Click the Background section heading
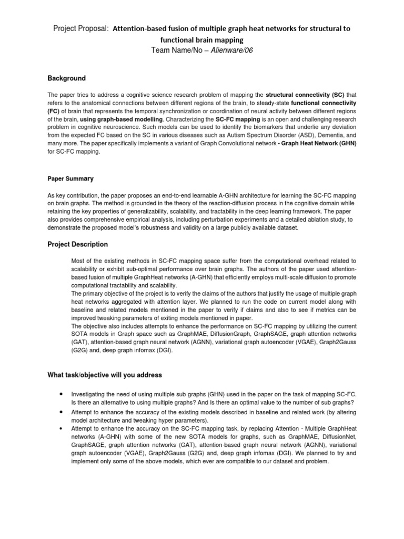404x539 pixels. (66, 78)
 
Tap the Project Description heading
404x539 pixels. (78, 244)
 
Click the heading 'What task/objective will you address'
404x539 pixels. (105, 375)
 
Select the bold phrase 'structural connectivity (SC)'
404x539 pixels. (312, 95)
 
